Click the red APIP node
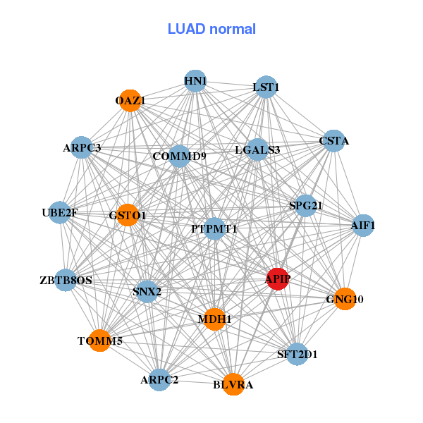tap(278, 279)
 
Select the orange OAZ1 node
tap(130, 101)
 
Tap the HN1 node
tap(195, 81)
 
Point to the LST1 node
tap(266, 87)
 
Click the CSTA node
tap(334, 141)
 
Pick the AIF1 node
tap(363, 226)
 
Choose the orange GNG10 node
tap(345, 299)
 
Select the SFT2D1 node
tap(297, 354)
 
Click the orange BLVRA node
tap(233, 384)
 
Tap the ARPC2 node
tap(160, 380)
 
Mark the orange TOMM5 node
tap(100, 341)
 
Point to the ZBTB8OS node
tap(66, 280)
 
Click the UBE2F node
tap(60, 213)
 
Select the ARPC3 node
tap(82, 147)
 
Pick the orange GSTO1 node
tap(128, 215)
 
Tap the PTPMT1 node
tap(214, 228)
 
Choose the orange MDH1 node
tap(214, 319)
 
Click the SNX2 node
tap(147, 291)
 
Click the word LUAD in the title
tap(186, 29)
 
